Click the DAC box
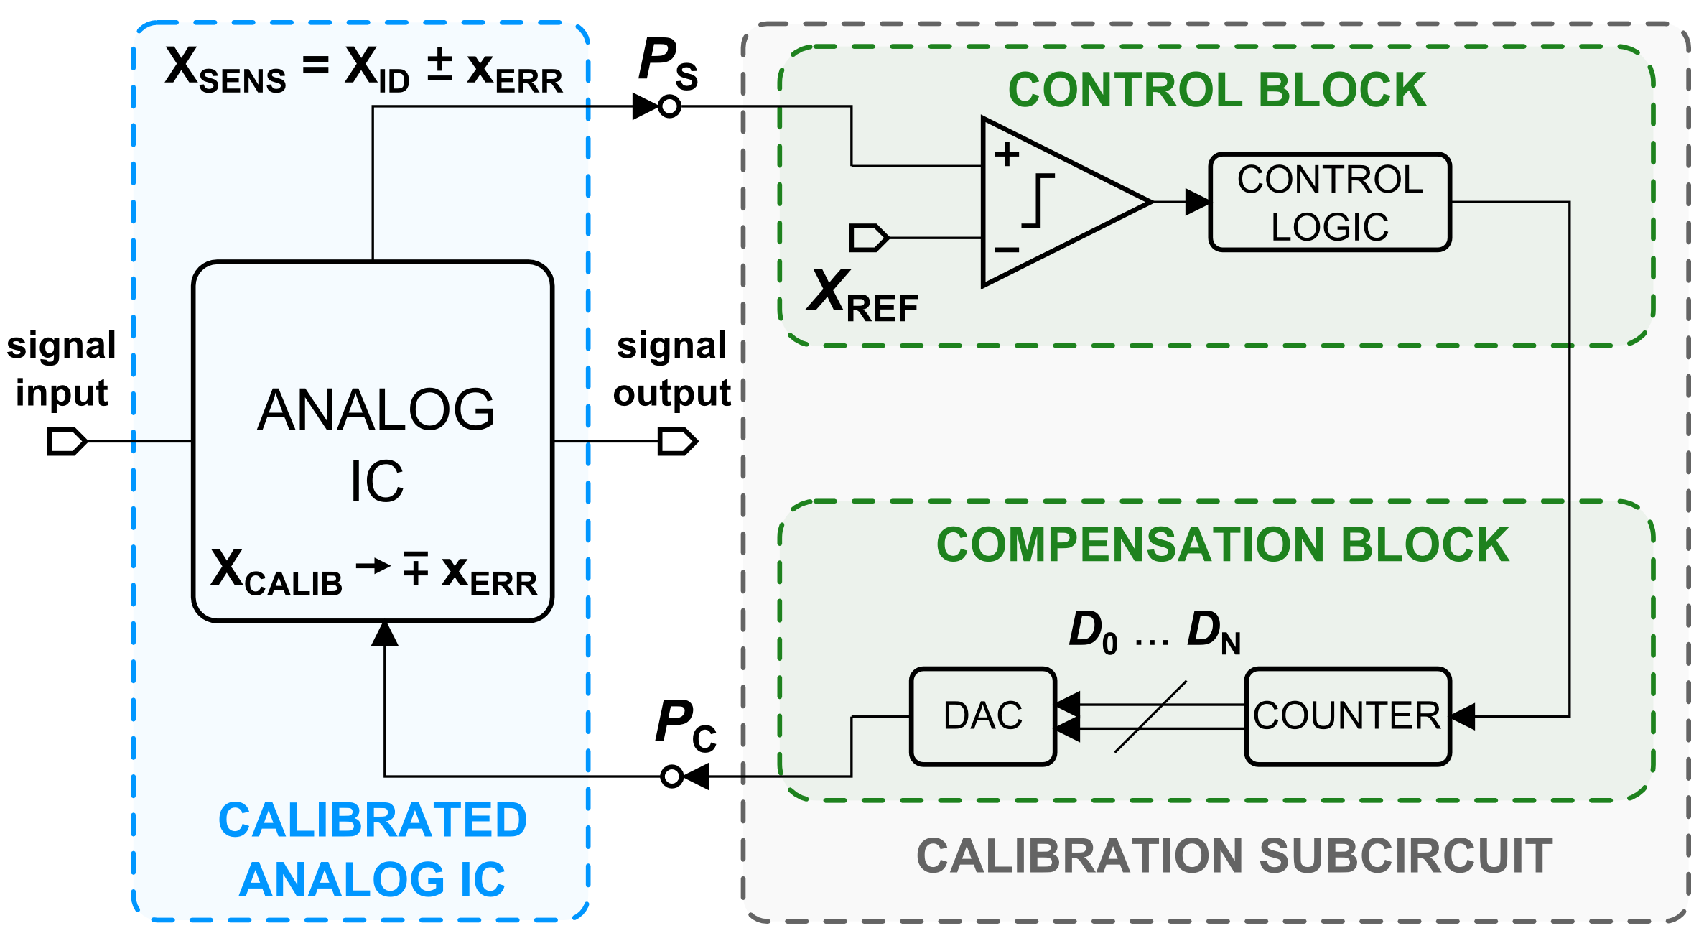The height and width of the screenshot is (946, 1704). pos(982,716)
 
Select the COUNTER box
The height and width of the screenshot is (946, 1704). pos(1347,716)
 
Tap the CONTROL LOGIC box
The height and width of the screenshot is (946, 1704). pos(1330,203)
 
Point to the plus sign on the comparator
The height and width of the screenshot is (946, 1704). pos(1007,154)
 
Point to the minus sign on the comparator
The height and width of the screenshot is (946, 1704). pos(1007,250)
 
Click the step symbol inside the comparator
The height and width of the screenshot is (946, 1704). pos(1038,201)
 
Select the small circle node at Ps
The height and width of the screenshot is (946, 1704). pos(669,106)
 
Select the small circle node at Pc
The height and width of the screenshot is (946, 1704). pos(671,776)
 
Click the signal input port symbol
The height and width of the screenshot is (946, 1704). pos(66,441)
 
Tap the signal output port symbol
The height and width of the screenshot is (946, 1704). pos(677,441)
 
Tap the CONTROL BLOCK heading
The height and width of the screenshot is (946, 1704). pos(1217,91)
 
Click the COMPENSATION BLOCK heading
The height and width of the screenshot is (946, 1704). pos(1222,545)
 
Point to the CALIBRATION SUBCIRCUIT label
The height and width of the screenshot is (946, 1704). pos(1234,856)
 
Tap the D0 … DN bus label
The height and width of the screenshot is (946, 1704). pos(1154,632)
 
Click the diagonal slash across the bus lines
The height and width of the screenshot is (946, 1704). pos(1150,717)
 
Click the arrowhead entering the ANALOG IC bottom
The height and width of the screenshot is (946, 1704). pos(385,634)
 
